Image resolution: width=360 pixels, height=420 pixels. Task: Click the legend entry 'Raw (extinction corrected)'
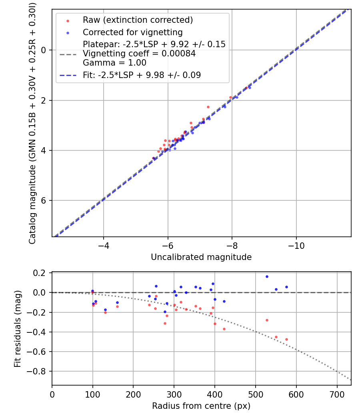click(x=138, y=20)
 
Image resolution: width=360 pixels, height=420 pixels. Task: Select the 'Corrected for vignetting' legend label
click(x=132, y=32)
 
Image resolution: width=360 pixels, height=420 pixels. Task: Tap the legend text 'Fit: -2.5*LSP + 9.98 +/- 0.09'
click(x=142, y=75)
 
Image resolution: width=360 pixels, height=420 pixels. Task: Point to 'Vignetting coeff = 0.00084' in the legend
click(x=139, y=54)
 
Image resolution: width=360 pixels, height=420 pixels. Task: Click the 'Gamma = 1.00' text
click(x=114, y=63)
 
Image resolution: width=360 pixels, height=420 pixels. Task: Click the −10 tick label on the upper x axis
click(x=296, y=245)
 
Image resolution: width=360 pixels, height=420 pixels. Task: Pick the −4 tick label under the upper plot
click(x=104, y=245)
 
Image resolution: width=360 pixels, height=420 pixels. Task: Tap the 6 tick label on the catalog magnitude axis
click(x=44, y=201)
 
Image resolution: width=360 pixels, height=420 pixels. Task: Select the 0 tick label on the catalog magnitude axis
click(x=44, y=50)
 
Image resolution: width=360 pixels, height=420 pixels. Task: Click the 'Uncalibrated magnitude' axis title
click(x=201, y=257)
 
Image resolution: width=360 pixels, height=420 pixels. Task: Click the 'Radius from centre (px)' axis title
click(x=201, y=406)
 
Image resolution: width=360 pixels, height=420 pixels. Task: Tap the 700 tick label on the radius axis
click(x=337, y=394)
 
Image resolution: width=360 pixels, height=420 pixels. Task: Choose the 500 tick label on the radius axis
click(x=255, y=394)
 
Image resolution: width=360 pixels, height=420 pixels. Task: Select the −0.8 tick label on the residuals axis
click(x=39, y=372)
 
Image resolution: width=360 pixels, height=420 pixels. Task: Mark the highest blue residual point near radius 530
click(x=267, y=276)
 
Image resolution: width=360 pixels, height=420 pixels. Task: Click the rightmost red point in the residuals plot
click(x=286, y=339)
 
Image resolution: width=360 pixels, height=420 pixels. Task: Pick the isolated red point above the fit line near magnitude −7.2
click(x=208, y=107)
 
